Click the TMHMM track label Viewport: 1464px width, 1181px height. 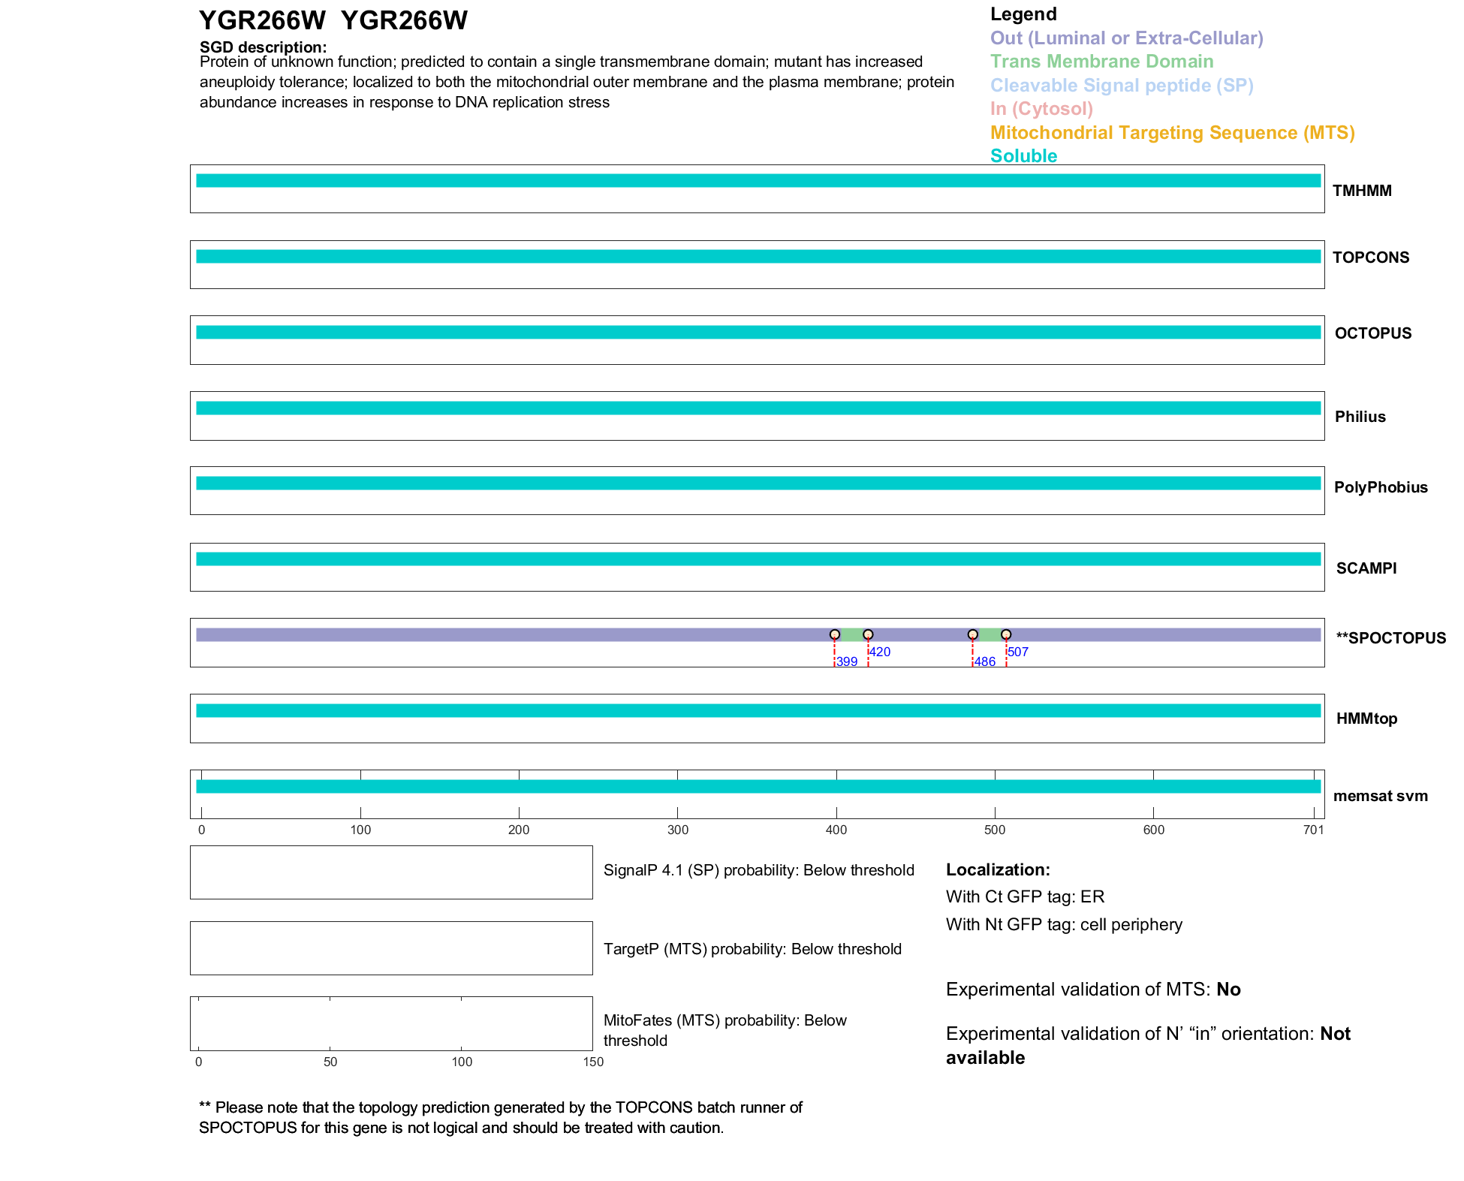click(x=1362, y=191)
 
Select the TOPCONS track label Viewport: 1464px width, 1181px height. click(x=1370, y=258)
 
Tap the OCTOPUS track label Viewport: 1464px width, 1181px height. click(x=1372, y=333)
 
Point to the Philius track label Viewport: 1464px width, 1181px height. click(x=1360, y=417)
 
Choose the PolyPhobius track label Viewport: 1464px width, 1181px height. click(x=1380, y=487)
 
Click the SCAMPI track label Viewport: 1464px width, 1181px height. click(x=1366, y=568)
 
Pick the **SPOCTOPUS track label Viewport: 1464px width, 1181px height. click(x=1390, y=638)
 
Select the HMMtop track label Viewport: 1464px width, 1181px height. click(x=1366, y=719)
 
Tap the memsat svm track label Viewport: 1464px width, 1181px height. click(x=1380, y=796)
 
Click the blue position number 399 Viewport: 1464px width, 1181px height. click(x=847, y=661)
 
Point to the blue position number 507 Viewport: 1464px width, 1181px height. click(x=1018, y=652)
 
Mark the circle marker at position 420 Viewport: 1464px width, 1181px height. click(x=868, y=634)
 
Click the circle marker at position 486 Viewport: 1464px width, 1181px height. click(x=973, y=634)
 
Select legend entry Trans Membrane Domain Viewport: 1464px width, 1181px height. click(x=1101, y=62)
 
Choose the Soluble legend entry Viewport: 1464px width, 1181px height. click(x=1023, y=156)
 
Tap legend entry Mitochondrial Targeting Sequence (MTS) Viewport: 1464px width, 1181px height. click(x=1172, y=133)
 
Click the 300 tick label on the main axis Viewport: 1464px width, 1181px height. click(x=678, y=830)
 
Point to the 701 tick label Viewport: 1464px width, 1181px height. click(x=1313, y=830)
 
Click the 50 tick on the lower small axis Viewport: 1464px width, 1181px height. click(x=330, y=1062)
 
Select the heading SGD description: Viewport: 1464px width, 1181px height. click(x=263, y=47)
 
